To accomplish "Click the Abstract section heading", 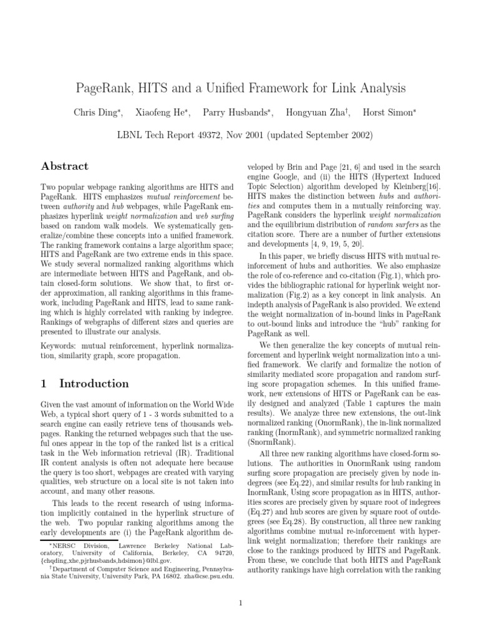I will [64, 166].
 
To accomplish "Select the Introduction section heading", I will [94, 383].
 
